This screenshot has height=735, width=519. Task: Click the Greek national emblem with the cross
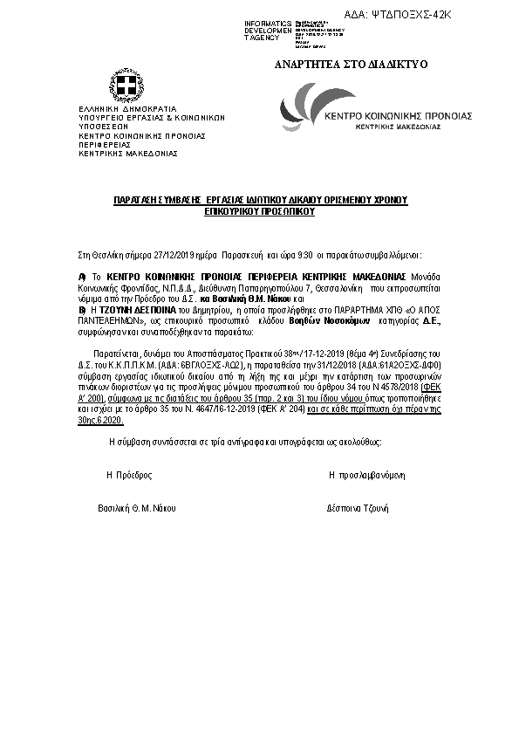tap(126, 86)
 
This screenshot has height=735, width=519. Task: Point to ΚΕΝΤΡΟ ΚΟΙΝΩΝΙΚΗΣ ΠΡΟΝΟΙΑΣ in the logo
tap(397, 115)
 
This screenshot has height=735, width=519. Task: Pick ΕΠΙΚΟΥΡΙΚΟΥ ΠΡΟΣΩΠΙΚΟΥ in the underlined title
tap(260, 211)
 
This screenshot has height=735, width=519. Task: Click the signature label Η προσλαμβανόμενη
tap(367, 476)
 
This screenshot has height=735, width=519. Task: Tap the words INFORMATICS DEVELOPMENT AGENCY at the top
tap(269, 31)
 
